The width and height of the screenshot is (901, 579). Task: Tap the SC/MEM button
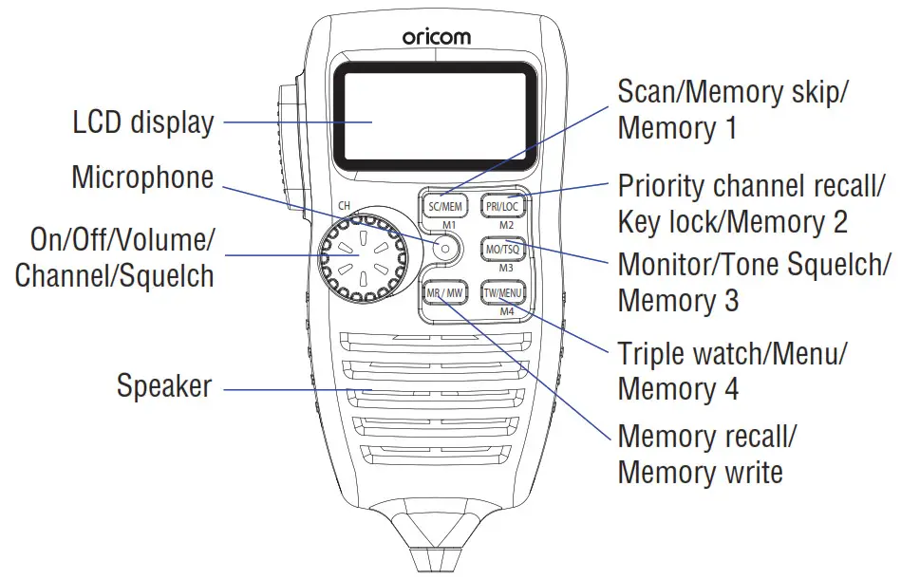click(x=443, y=204)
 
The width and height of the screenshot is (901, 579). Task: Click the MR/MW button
click(x=443, y=292)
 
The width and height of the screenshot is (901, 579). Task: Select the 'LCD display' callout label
click(x=143, y=122)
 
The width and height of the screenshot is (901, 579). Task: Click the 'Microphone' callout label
click(x=142, y=177)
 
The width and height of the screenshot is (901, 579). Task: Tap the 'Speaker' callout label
click(x=164, y=387)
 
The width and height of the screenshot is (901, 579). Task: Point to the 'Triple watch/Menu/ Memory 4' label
click(x=732, y=371)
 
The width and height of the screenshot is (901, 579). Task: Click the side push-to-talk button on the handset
click(x=287, y=142)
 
